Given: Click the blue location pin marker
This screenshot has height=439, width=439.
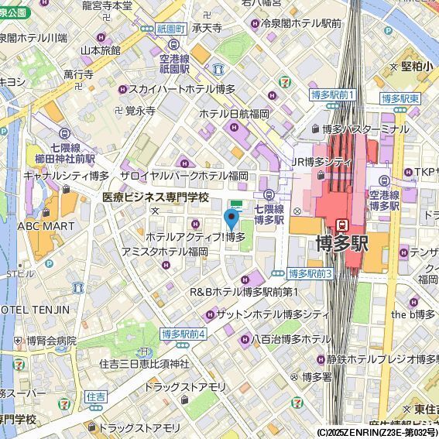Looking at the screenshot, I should (230, 219).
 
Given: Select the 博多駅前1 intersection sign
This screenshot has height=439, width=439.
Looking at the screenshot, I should (331, 94).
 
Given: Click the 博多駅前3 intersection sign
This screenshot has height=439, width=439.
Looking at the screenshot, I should (310, 274).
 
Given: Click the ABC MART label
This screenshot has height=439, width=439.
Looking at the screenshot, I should (46, 226).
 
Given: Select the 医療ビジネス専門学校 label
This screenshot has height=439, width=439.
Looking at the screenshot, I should (156, 197).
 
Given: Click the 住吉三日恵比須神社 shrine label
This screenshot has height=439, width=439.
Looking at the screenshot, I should (145, 363).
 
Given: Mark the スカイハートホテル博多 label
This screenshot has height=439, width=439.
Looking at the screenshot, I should (182, 90).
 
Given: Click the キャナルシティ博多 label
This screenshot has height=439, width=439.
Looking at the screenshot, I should (66, 176).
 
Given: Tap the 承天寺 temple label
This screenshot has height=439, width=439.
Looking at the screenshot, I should (207, 28).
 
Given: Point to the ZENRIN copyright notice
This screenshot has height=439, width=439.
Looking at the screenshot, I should (376, 432).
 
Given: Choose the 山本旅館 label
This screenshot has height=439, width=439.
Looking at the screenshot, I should (101, 50).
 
